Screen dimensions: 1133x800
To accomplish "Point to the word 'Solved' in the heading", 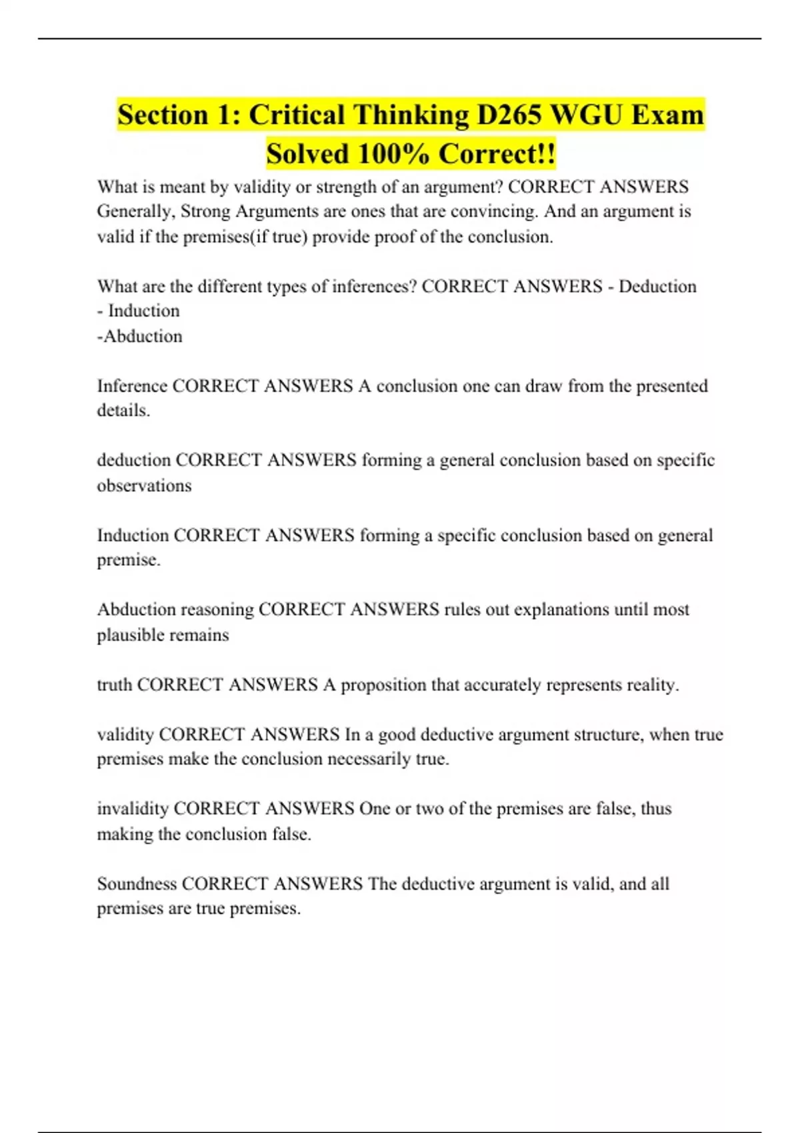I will (x=307, y=154).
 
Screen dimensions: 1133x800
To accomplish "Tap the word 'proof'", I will (x=396, y=237).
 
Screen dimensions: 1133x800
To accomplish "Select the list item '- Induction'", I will (x=138, y=311).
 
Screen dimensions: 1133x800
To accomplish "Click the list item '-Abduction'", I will (x=139, y=336).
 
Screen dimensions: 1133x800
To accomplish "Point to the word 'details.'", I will (x=123, y=411).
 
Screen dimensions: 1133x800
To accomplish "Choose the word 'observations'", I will (x=144, y=485).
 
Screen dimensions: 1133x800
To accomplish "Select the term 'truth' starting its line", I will (x=114, y=684).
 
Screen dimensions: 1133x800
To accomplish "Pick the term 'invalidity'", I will (x=133, y=808).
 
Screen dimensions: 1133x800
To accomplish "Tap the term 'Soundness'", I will (x=137, y=884).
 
